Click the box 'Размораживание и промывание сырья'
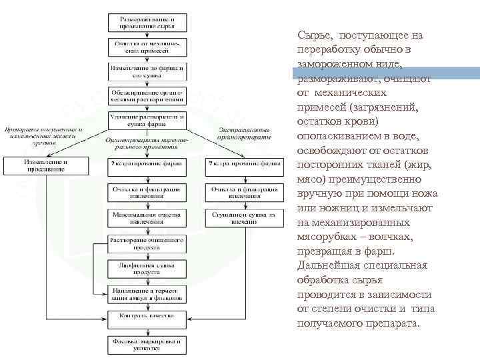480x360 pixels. (147, 22)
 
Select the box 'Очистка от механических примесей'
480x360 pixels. (147, 47)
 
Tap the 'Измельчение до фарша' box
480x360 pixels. (147, 71)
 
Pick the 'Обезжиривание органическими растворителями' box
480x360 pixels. (147, 95)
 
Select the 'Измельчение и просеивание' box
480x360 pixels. (46, 165)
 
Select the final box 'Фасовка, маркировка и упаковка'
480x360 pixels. (147, 344)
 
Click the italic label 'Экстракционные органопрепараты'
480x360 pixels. (244, 133)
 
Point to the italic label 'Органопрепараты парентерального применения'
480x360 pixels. (147, 144)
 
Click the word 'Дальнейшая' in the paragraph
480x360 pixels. (325, 266)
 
